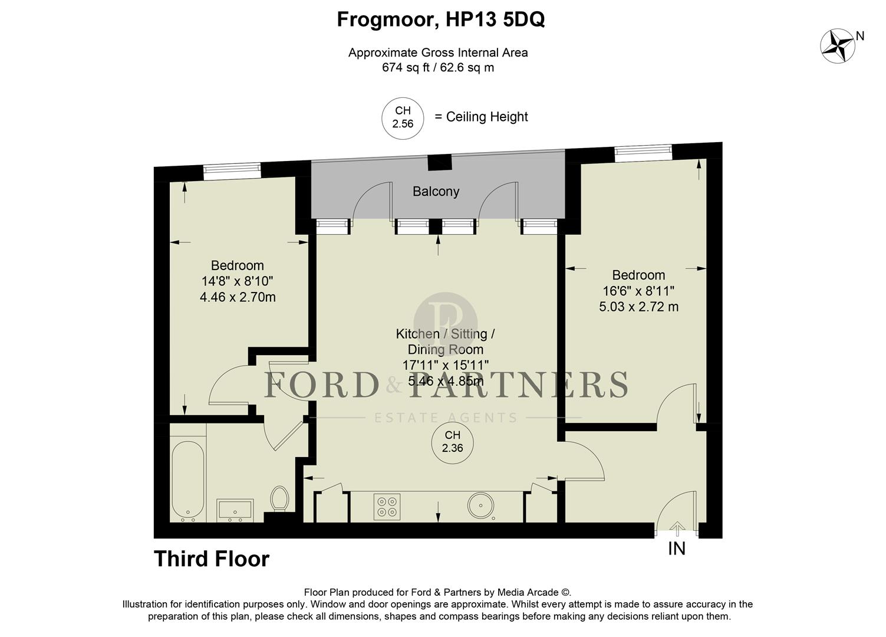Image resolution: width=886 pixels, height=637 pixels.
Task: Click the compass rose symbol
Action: pos(838,47)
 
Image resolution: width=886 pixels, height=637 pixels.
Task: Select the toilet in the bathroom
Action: pos(279,498)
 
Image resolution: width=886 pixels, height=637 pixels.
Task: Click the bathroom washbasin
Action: pos(235,510)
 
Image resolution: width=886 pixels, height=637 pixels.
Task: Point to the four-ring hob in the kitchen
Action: pos(387,507)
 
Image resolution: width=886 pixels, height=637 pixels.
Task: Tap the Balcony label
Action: pos(436,192)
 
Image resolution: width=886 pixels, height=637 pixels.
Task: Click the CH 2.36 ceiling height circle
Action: pos(453,441)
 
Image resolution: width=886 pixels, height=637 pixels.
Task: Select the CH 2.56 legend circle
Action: pos(403,117)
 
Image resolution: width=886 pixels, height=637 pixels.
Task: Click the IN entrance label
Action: pos(677,549)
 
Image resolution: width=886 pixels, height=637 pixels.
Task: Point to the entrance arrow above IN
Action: pos(677,528)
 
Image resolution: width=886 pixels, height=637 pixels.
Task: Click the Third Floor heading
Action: pos(212,559)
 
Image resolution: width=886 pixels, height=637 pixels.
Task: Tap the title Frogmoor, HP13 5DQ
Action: pos(440,19)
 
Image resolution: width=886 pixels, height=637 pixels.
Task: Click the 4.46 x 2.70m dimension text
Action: pos(238,297)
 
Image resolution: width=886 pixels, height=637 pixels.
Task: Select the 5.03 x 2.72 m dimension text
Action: pos(638,307)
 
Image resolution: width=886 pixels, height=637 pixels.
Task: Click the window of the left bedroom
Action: pos(232,170)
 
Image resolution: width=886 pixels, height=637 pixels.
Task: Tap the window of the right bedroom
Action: pos(643,153)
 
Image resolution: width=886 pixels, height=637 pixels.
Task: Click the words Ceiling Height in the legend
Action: pos(487,117)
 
